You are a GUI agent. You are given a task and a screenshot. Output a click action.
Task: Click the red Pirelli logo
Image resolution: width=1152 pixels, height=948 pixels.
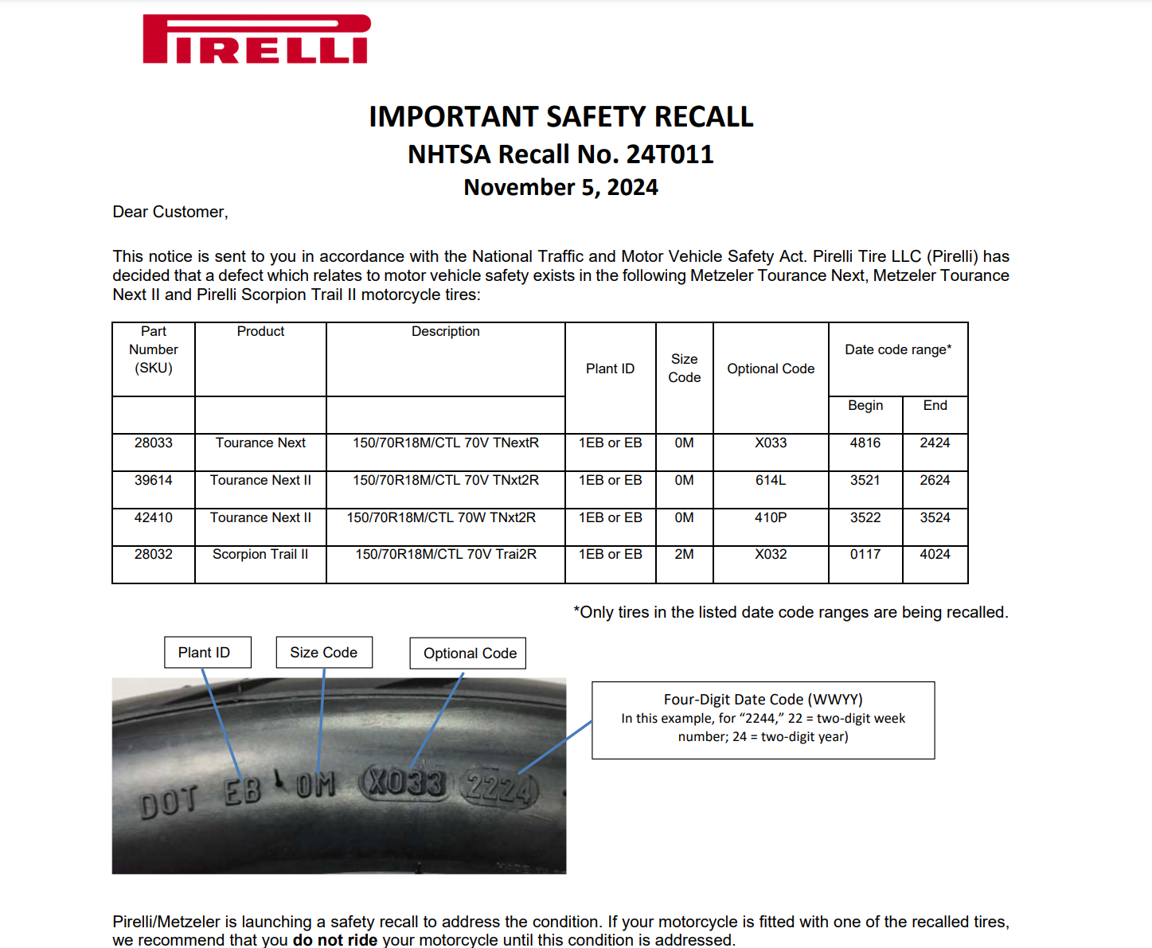(x=256, y=39)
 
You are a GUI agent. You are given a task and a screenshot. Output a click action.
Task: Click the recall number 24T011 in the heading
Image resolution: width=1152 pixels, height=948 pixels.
(x=670, y=154)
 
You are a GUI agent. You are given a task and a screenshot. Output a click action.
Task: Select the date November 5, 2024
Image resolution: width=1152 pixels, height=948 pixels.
(x=560, y=188)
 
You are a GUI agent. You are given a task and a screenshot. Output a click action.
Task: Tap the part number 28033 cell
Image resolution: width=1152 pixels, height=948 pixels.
(x=153, y=443)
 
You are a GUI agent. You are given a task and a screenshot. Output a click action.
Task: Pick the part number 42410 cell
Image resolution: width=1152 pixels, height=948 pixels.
(x=153, y=518)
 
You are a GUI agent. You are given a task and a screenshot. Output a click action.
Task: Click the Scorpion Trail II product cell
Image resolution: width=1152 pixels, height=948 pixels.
(x=260, y=555)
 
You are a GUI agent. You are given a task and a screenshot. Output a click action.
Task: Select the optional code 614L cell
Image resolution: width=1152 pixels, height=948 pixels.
(x=770, y=481)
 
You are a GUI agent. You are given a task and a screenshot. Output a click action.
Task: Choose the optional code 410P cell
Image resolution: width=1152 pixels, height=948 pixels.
(x=770, y=518)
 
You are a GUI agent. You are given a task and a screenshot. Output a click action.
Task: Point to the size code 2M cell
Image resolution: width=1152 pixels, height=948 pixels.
(x=684, y=555)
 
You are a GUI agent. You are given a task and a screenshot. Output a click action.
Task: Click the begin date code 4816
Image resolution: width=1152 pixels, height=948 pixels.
(x=865, y=443)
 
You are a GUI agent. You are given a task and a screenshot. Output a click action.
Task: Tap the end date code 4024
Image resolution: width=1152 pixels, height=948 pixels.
(x=935, y=555)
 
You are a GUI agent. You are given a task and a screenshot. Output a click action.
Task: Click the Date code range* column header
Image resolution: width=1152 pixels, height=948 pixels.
(x=898, y=350)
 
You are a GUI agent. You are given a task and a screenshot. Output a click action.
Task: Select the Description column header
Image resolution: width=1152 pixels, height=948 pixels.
(x=445, y=332)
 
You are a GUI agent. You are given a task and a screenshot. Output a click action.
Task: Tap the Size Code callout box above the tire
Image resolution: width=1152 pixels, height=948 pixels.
(x=323, y=653)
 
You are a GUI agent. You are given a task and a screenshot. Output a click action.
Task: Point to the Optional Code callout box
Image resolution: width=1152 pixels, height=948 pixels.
(x=469, y=653)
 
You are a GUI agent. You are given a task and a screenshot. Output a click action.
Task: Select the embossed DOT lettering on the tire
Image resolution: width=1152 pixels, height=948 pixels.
(x=168, y=802)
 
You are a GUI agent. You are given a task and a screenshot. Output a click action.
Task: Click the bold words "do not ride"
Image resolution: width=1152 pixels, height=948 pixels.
(x=335, y=940)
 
